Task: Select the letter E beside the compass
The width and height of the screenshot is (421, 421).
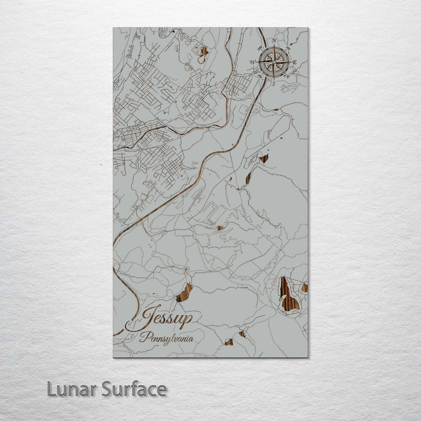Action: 295,63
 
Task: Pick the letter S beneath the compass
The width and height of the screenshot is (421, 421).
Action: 272,82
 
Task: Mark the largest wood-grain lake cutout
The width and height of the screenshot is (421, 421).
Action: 288,295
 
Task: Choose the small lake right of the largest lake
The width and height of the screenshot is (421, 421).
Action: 304,287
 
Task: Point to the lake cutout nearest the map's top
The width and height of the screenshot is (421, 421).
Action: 203,53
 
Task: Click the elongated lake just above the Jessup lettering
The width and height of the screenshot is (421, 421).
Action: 184,292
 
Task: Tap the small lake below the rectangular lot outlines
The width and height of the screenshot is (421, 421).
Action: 220,228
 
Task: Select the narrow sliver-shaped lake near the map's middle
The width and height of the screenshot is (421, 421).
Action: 249,177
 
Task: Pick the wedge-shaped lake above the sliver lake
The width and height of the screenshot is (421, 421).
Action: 264,158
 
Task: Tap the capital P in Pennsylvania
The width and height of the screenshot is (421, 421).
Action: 143,336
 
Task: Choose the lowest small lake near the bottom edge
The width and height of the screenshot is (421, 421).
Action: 229,342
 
